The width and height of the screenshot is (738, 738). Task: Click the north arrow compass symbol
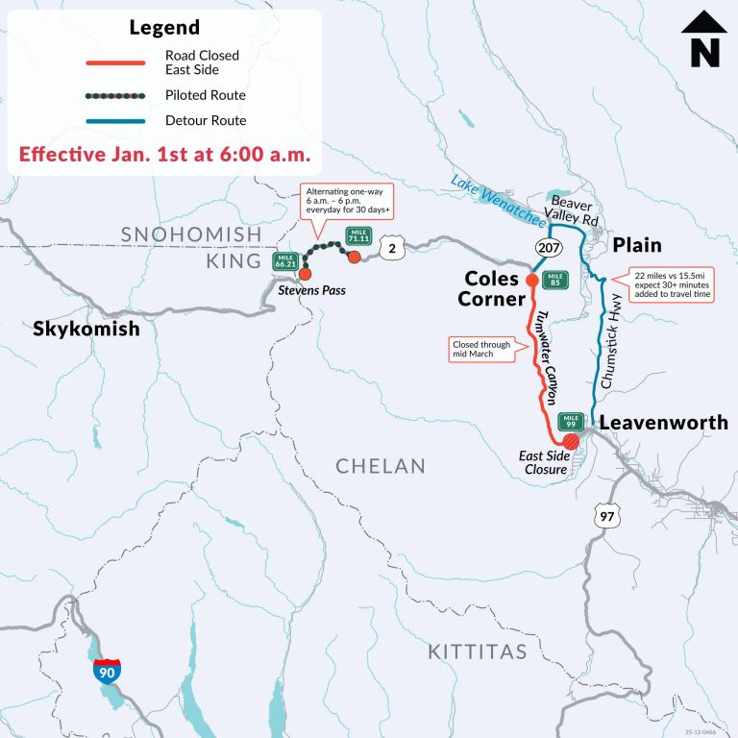703,39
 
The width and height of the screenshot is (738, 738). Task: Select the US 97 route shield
607,514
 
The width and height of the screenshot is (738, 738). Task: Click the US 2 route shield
390,249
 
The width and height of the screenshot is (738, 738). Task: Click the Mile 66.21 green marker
284,260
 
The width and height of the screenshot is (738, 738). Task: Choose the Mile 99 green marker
571,421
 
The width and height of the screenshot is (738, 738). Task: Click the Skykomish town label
86,330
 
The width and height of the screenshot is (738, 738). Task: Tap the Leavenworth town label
663,423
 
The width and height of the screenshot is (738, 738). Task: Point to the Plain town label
636,245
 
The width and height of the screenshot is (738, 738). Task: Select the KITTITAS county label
477,652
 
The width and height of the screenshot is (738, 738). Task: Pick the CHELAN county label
381,466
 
